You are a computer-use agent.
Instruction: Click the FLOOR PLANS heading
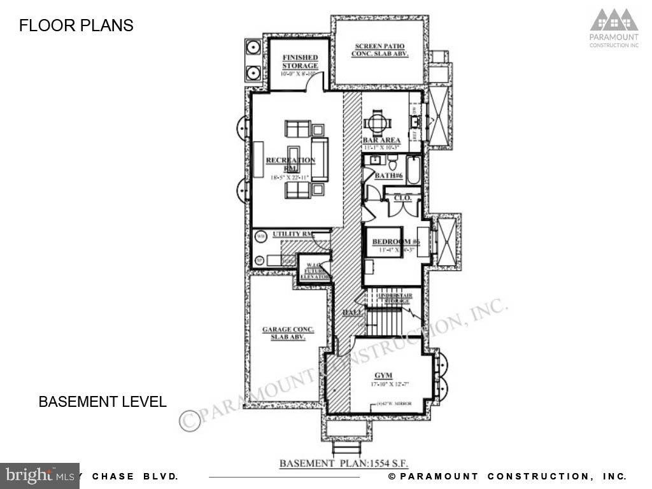[x=76, y=25]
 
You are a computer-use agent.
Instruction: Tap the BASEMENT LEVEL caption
[x=103, y=402]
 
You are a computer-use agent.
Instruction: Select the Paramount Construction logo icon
[x=614, y=20]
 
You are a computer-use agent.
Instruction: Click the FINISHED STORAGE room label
[x=299, y=62]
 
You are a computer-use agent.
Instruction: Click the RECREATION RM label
[x=290, y=164]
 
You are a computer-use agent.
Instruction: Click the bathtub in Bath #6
[x=414, y=170]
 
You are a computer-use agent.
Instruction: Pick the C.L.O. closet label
[x=402, y=198]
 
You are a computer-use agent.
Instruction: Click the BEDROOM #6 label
[x=395, y=242]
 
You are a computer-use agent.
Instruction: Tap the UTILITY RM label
[x=292, y=234]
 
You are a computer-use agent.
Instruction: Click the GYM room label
[x=383, y=376]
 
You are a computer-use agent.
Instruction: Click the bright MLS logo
[x=39, y=475]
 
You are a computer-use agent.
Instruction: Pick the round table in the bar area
[x=377, y=120]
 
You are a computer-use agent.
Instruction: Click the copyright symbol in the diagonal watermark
[x=190, y=420]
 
